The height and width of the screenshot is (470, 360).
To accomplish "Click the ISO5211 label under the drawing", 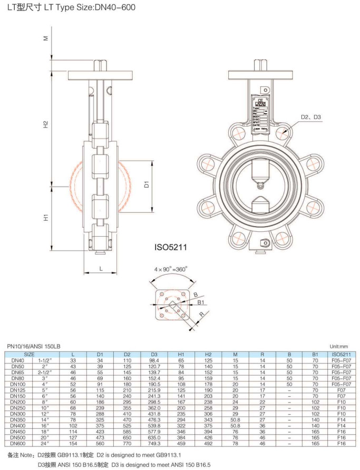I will pyautogui.click(x=171, y=246).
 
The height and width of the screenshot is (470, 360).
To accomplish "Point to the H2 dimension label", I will pyautogui.click(x=46, y=124).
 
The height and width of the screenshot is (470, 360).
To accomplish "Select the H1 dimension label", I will pyautogui.click(x=46, y=217).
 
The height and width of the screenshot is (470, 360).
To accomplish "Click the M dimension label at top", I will pyautogui.click(x=46, y=37).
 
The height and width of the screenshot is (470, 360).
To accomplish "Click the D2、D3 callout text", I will pyautogui.click(x=311, y=116).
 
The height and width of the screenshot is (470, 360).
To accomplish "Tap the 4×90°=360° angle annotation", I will pyautogui.click(x=171, y=269).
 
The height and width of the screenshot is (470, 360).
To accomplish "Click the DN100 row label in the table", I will pyautogui.click(x=18, y=385).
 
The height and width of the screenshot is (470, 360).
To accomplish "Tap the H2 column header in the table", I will pyautogui.click(x=208, y=355).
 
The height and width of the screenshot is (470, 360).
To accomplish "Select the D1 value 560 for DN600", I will pyautogui.click(x=100, y=444).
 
